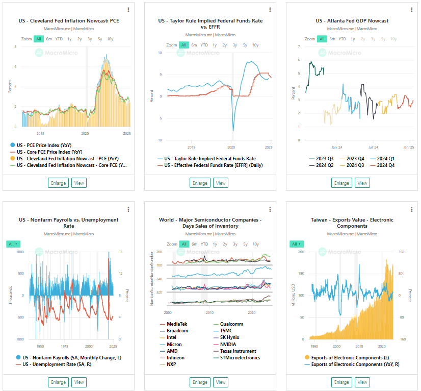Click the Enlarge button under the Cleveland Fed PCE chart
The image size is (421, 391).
(58, 183)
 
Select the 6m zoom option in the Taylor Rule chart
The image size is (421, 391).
(194, 45)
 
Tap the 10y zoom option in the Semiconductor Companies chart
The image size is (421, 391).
(255, 244)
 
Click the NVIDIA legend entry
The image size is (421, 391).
(229, 344)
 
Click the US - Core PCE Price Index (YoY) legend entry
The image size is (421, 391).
(49, 152)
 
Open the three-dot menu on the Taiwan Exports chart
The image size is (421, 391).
(411, 209)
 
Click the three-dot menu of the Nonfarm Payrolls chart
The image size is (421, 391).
(128, 209)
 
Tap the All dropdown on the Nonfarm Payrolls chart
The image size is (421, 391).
(13, 244)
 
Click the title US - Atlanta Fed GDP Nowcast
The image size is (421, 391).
(352, 21)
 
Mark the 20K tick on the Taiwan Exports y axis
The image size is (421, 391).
(301, 252)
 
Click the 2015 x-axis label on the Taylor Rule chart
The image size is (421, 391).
(191, 147)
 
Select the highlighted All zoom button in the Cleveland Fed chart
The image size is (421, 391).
(39, 39)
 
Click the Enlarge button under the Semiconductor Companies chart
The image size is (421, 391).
(200, 382)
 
